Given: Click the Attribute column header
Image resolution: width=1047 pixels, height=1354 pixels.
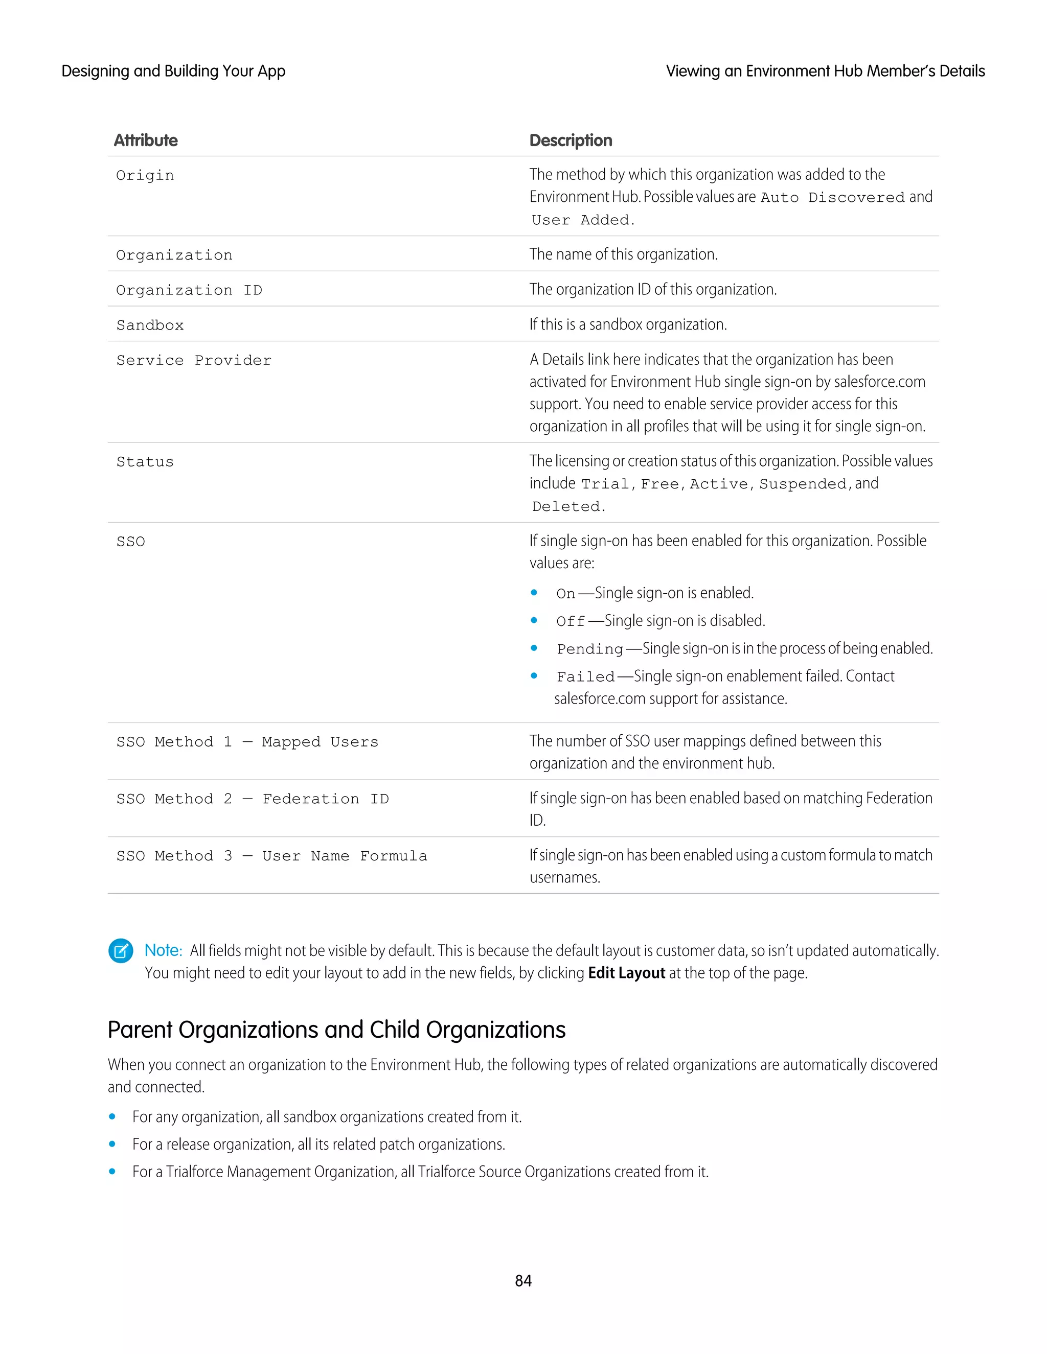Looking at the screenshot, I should (146, 141).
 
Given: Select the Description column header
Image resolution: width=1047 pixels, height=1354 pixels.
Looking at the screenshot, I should (570, 141).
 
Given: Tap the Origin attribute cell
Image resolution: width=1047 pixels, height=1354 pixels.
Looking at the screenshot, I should (145, 175).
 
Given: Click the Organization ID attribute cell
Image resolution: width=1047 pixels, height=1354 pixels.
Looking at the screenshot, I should (189, 290).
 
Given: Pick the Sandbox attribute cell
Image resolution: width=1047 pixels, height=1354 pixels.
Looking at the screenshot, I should (150, 325).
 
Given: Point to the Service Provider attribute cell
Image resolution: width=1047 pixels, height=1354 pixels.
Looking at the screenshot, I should (194, 360).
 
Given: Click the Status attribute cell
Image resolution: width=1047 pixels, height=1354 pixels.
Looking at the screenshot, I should (145, 462).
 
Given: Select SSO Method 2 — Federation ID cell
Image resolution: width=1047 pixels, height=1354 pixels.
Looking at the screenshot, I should (253, 799).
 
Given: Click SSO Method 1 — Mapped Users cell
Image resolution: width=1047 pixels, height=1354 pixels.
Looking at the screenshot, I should (247, 741).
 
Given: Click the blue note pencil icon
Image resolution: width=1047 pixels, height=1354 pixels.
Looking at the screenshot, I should (121, 950).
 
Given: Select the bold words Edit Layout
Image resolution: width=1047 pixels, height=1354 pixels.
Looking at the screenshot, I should (626, 973).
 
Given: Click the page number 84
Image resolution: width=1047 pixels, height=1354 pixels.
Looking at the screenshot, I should (523, 1281).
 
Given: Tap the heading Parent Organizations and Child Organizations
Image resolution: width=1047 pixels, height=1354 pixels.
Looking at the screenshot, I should (336, 1030).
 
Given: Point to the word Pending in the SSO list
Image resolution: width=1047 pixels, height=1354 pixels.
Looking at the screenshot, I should (589, 649).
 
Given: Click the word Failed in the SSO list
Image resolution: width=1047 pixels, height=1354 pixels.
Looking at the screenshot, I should (585, 676).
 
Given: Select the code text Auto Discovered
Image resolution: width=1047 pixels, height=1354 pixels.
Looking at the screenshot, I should (832, 198).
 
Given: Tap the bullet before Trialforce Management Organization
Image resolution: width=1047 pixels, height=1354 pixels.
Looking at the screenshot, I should (112, 1172).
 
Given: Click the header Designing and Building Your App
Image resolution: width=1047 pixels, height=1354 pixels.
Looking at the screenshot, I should (173, 72).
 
